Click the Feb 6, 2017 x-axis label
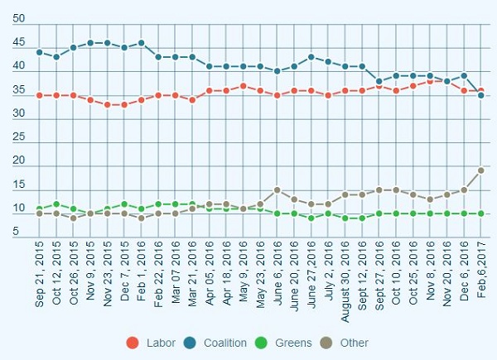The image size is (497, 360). [x=480, y=277]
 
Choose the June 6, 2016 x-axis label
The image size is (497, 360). [x=277, y=278]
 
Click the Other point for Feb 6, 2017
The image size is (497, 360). [x=480, y=170]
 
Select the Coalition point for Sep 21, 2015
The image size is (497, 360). [x=40, y=52]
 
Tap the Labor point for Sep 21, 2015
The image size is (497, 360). [x=40, y=95]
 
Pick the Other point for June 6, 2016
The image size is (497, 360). [x=277, y=190]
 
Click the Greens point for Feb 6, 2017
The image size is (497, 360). [x=480, y=214]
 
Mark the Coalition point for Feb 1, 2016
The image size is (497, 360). [x=142, y=43]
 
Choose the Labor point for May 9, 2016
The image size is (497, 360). [x=244, y=86]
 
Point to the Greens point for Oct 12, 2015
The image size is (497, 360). [x=56, y=204]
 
